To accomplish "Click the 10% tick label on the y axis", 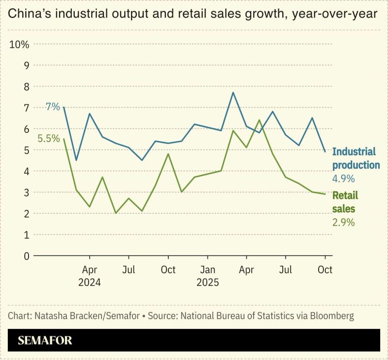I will pos(19,44).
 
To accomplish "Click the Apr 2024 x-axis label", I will pos(89,276).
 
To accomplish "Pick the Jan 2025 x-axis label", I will pos(208,276).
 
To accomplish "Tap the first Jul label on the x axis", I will pos(129,269).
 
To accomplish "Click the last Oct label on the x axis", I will pos(325,269).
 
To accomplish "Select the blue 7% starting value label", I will pos(52,107).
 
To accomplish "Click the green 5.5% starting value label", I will pos(48,139).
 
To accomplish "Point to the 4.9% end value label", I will pos(343,179).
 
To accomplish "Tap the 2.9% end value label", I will pos(343,223).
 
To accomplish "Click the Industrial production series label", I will pos(356,158).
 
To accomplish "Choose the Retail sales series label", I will pos(345,202).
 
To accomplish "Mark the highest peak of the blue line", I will pos(233,93).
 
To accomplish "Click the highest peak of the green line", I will pos(259,120).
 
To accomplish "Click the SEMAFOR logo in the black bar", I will pos(45,341).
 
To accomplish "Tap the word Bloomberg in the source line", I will pos(330,316).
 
